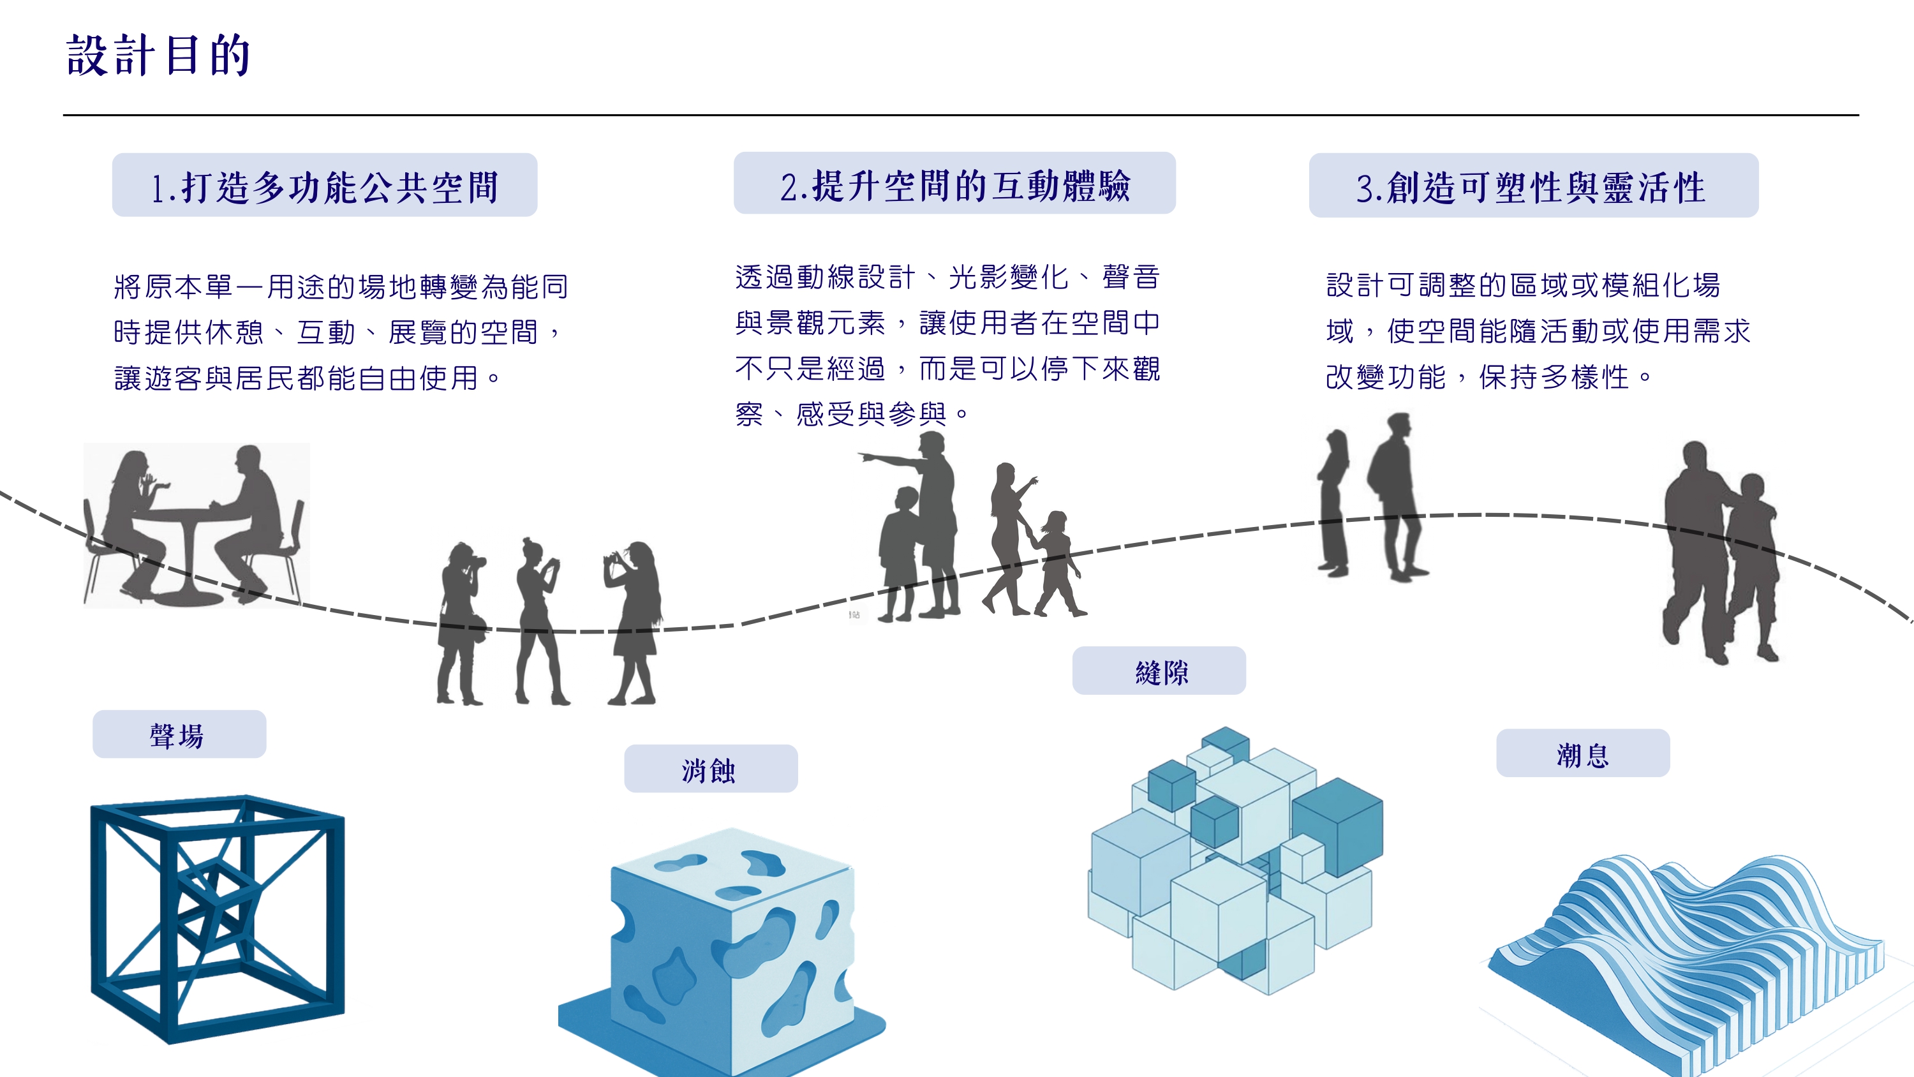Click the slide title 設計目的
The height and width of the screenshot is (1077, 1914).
[x=158, y=55]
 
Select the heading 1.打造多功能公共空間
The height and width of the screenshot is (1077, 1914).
[x=325, y=186]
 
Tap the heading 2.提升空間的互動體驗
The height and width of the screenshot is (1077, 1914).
[x=956, y=185]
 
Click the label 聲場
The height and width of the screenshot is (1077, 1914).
[x=177, y=736]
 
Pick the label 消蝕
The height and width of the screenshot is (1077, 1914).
[x=709, y=770]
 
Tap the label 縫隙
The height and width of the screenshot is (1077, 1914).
[x=1162, y=672]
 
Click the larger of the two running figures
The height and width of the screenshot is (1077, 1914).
[x=1698, y=550]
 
